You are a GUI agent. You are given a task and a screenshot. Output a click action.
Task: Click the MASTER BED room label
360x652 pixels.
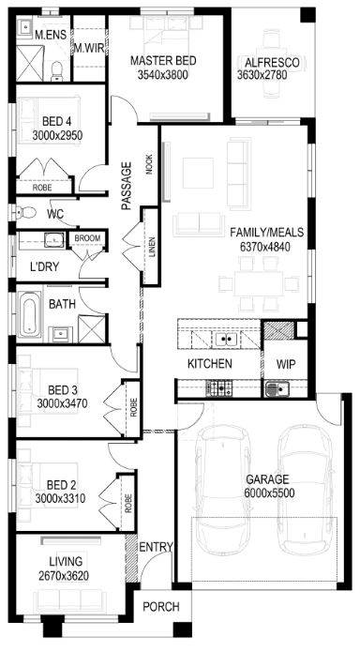pos(163,61)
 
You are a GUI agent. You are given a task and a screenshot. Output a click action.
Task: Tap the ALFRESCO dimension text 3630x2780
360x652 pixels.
pos(262,75)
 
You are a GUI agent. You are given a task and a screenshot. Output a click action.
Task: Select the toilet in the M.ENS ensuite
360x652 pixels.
pos(56,71)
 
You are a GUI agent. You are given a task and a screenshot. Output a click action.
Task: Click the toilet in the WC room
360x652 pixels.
pos(25,213)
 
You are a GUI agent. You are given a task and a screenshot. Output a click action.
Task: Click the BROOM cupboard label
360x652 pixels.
pos(87,238)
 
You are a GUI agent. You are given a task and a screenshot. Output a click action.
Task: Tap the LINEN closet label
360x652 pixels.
pos(152,248)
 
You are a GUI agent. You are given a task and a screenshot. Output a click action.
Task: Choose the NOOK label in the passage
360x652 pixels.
pos(149,165)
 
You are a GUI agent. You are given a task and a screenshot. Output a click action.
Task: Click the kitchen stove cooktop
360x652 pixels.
pos(219,388)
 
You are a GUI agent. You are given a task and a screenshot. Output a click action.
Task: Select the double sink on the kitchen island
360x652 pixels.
pos(226,340)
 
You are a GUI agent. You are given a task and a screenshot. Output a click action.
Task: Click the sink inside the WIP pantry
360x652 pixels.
pos(277,389)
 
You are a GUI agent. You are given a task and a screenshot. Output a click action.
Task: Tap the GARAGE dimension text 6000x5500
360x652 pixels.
pos(270,493)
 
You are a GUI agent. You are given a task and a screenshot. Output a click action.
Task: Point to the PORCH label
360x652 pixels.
pos(161,607)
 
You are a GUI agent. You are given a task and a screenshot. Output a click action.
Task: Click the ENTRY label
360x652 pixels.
pos(156,547)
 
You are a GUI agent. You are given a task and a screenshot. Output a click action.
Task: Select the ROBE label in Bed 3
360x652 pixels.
pos(133,407)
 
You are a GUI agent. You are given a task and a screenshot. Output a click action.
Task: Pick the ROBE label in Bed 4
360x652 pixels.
pos(42,188)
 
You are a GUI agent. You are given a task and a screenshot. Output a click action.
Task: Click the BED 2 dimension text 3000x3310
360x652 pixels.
pos(60,498)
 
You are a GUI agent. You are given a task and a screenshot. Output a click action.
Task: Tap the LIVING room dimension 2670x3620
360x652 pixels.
pos(64,576)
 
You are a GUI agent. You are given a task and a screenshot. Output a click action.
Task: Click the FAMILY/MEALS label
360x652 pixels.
pos(267,232)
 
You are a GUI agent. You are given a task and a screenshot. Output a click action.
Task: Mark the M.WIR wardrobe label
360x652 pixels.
pos(89,48)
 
